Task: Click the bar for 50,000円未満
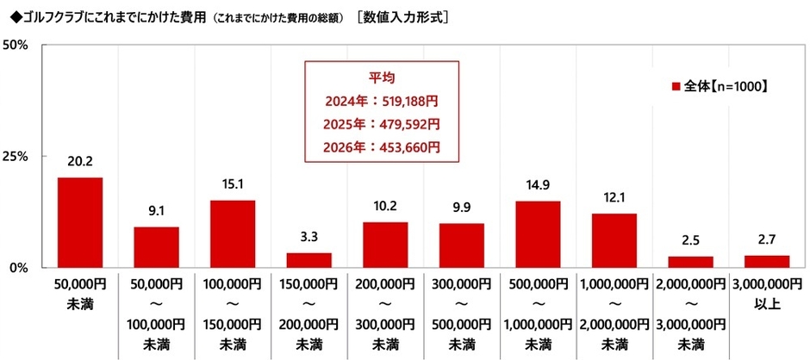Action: [x=80, y=222]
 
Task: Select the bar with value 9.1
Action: [x=156, y=247]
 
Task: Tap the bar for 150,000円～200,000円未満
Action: [x=308, y=260]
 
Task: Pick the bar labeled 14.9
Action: [x=538, y=234]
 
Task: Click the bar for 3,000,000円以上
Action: [x=766, y=262]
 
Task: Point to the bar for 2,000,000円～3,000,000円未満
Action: [x=690, y=262]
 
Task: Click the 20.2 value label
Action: [x=80, y=160]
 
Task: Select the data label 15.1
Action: [x=233, y=183]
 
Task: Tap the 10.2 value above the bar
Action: [x=385, y=206]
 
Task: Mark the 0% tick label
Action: [x=21, y=268]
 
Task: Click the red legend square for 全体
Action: [x=676, y=87]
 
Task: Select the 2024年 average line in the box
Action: [x=381, y=101]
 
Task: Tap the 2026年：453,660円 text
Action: [x=381, y=146]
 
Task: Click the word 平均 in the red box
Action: [x=381, y=78]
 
